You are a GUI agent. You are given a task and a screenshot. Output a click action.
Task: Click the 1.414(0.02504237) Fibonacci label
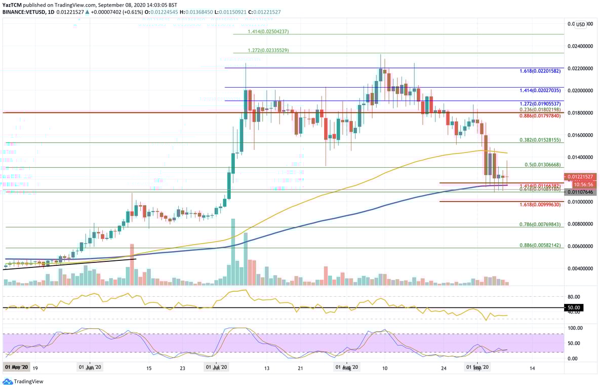[268, 31]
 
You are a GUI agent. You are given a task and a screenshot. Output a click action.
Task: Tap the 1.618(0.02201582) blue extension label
[540, 71]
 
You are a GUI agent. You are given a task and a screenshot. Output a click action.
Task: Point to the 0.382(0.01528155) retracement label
[540, 140]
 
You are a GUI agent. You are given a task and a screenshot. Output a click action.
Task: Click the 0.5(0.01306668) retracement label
[542, 165]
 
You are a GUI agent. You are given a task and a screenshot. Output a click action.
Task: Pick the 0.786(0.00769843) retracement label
[540, 224]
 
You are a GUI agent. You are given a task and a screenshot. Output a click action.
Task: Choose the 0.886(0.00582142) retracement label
[540, 245]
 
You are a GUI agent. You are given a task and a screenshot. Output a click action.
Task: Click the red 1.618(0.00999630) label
[540, 205]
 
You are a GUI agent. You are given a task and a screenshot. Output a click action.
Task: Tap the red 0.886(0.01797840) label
[540, 115]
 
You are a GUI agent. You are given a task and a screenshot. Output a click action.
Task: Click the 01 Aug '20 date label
[347, 367]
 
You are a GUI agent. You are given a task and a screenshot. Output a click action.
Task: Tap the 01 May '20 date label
[17, 367]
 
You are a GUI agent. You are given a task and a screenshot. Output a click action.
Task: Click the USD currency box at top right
[580, 24]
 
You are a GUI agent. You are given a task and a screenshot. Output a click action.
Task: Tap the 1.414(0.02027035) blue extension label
[540, 90]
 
